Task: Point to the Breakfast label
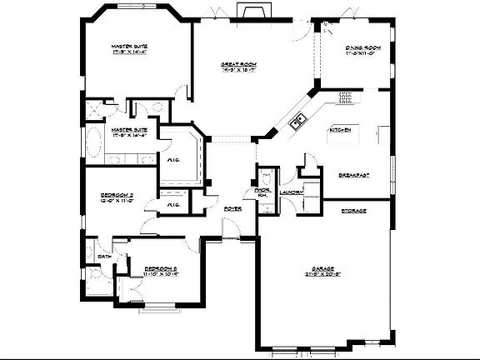coord(353,175)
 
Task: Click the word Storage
coord(353,211)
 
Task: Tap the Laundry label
coord(291,192)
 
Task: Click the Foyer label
coord(232,208)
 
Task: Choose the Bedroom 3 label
coord(161,268)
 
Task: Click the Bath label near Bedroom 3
coord(106,257)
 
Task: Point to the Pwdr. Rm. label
coord(262,193)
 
